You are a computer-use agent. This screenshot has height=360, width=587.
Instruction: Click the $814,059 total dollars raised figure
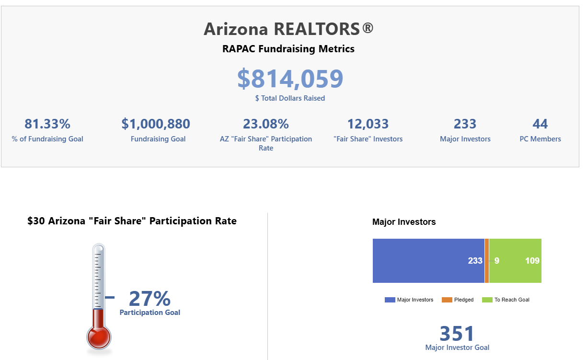pos(290,79)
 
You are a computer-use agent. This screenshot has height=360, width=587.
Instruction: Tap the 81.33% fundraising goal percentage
pos(47,124)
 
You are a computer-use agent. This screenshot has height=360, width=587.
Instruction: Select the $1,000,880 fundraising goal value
pos(156,124)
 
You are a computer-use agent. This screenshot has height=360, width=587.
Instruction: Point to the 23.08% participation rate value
pos(266,124)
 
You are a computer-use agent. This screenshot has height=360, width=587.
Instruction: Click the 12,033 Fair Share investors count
pos(368,124)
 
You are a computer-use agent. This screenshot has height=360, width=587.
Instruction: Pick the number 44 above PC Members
pos(540,124)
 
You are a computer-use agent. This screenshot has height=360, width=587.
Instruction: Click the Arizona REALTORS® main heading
pos(288,29)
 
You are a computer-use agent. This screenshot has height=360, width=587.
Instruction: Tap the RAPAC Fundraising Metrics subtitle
pos(288,49)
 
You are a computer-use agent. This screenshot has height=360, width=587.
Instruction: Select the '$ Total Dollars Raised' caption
pos(290,98)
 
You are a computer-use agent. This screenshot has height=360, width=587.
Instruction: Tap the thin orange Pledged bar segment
pos(487,261)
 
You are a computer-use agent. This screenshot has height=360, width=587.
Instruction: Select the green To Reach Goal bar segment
pos(515,261)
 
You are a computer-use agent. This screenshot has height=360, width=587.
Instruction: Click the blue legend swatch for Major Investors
pos(390,300)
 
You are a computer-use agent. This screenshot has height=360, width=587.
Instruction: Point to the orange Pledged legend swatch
pos(447,300)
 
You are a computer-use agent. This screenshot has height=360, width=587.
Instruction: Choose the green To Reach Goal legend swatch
pos(487,300)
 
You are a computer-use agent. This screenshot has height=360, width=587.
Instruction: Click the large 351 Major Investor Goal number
pos(457,334)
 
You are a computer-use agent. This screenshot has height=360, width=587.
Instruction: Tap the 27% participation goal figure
pos(150,299)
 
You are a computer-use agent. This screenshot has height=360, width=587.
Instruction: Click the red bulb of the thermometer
pos(99,337)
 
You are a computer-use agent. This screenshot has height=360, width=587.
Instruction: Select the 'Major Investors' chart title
pos(404,222)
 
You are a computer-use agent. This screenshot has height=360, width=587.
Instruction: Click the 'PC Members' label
pos(540,139)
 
